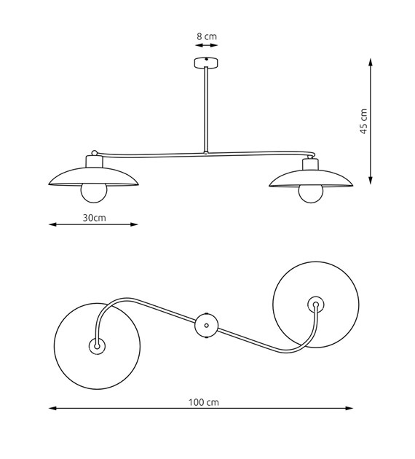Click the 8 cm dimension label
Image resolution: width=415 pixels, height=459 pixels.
[x=207, y=36]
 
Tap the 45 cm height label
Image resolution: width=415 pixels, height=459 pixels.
[x=363, y=122]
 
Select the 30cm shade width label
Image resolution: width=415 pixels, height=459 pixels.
[x=94, y=218]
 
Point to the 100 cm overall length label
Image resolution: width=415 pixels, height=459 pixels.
[x=204, y=402]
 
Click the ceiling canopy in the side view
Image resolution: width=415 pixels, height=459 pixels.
[x=207, y=63]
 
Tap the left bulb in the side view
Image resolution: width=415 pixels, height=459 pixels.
[x=94, y=193]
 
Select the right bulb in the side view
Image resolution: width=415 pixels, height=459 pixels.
[x=311, y=194]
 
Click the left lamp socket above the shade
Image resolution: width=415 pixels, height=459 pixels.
[x=94, y=162]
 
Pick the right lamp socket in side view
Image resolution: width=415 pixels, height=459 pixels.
[x=311, y=164]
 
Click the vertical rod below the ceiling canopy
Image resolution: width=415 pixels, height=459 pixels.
[x=207, y=110]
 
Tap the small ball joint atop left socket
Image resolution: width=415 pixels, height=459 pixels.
[x=95, y=153]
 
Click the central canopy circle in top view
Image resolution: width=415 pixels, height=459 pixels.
[x=207, y=325]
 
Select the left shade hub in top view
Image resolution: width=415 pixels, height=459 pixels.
[x=97, y=346]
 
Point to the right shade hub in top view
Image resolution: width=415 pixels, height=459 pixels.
[x=316, y=305]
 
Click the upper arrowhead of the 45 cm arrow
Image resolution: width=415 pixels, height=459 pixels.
[x=371, y=63]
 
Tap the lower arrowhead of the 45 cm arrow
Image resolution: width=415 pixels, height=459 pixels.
[x=371, y=180]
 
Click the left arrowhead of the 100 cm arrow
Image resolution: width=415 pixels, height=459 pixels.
[x=52, y=408]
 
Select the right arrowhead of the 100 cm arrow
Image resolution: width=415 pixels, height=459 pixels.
[x=349, y=408]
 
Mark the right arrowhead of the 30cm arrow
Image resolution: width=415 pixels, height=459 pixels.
[x=134, y=224]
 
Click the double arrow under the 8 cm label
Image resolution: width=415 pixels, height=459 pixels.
[x=207, y=45]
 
